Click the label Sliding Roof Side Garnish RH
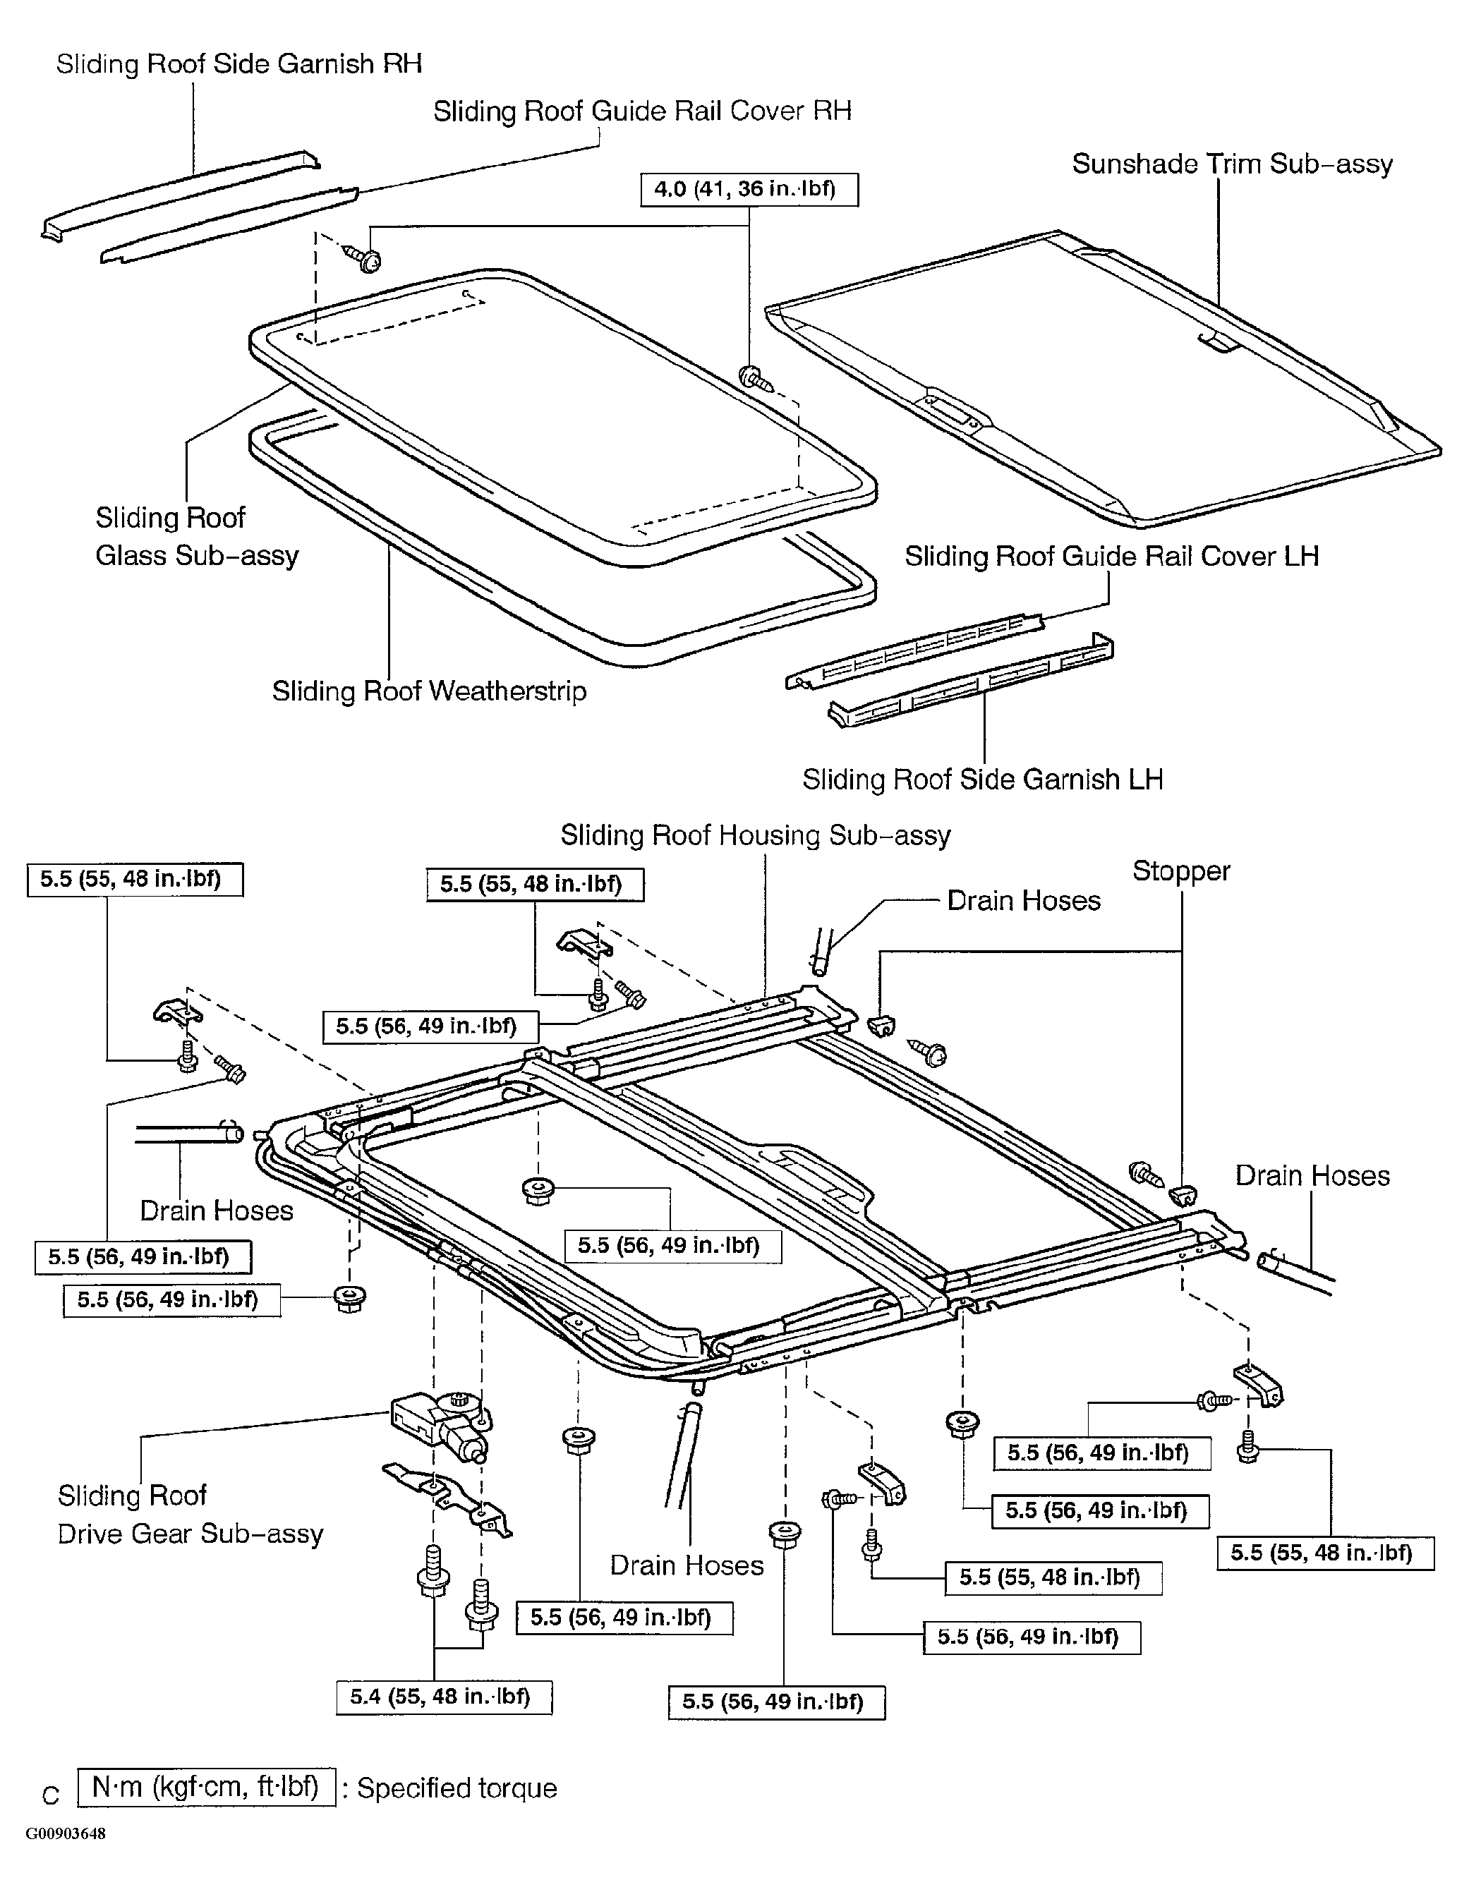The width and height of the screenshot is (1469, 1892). tap(239, 64)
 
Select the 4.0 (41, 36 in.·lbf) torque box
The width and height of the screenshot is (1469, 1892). tap(749, 190)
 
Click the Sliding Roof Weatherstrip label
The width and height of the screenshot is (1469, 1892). tap(429, 691)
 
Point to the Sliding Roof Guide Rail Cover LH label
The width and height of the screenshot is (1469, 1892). tap(1112, 556)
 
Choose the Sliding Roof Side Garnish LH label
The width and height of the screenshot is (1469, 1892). tap(983, 780)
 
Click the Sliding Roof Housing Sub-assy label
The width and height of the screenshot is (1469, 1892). tap(756, 835)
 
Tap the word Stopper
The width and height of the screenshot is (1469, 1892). tap(1181, 871)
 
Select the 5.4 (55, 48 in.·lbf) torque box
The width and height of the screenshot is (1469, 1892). tap(444, 1696)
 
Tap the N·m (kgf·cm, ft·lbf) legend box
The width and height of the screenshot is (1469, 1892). tap(206, 1786)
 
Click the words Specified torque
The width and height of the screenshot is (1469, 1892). tap(457, 1788)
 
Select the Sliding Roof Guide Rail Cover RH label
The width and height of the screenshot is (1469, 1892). tap(642, 111)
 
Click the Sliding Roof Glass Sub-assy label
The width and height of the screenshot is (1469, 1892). tap(197, 536)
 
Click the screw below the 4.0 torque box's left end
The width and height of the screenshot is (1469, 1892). tap(365, 257)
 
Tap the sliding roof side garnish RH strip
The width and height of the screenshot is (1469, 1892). tap(180, 197)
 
